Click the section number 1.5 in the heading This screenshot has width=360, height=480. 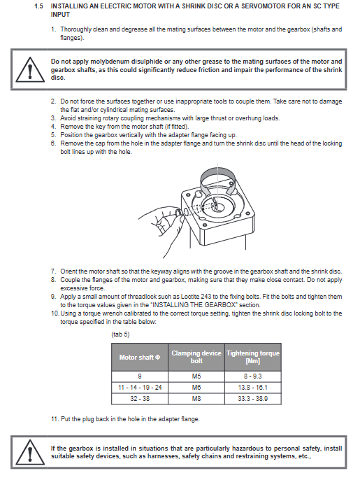click(39, 6)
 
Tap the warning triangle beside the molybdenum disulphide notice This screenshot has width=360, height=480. click(29, 69)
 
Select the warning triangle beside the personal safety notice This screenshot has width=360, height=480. click(29, 452)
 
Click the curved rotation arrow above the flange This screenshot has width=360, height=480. click(218, 181)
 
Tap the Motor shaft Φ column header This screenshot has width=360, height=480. click(140, 358)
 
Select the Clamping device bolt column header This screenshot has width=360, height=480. click(196, 357)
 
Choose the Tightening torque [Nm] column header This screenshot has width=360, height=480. click(252, 357)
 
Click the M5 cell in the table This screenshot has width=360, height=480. click(196, 376)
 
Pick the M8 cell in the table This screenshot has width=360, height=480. click(196, 399)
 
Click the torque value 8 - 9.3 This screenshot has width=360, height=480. click(252, 376)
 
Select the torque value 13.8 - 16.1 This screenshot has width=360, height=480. click(252, 388)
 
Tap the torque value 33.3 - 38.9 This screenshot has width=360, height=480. click(252, 399)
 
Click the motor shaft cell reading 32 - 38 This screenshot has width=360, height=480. click(140, 399)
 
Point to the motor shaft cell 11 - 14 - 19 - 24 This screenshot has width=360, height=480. click(140, 388)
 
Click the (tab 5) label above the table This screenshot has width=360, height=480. click(120, 334)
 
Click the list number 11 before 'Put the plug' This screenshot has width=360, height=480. click(55, 418)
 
